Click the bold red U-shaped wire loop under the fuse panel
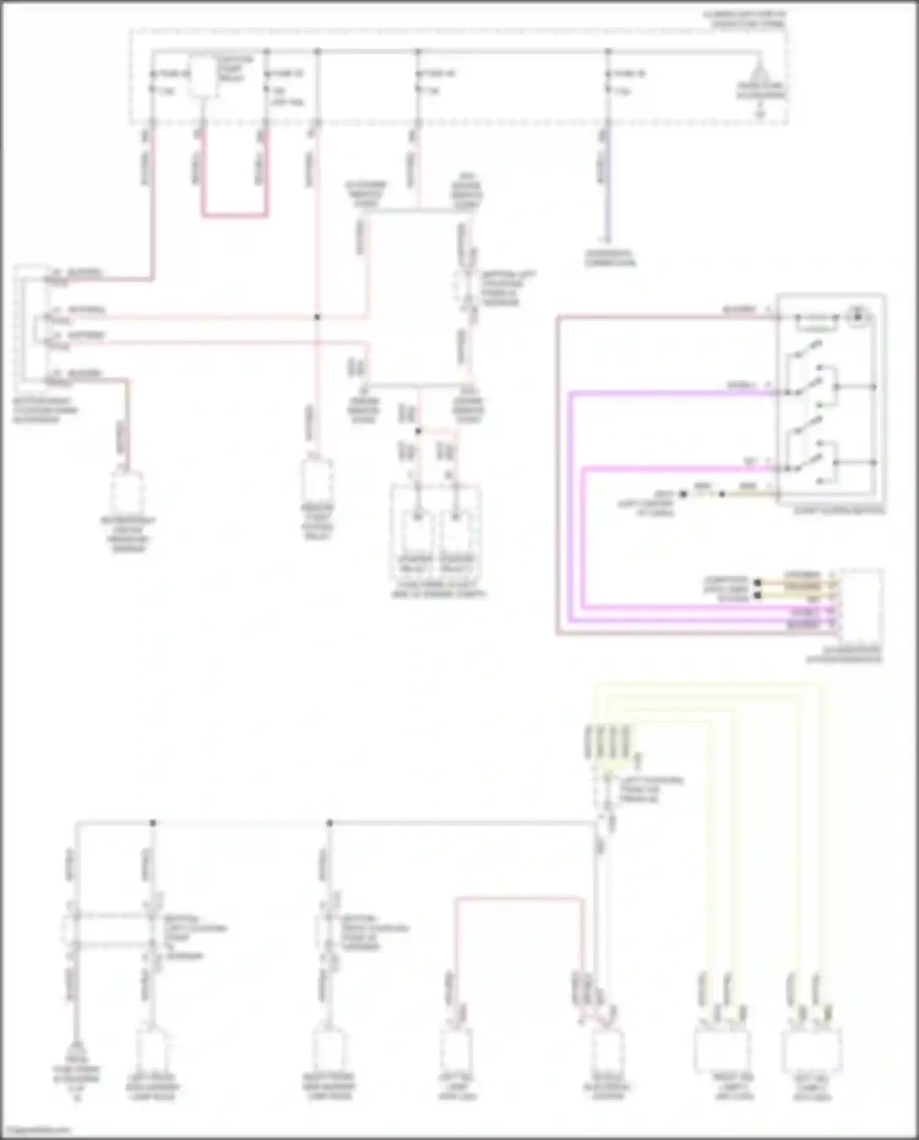pyautogui.click(x=234, y=215)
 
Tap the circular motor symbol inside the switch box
pyautogui.click(x=858, y=316)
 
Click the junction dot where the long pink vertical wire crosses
pyautogui.click(x=317, y=317)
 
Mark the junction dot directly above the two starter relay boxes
pyautogui.click(x=418, y=431)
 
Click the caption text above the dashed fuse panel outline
pyautogui.click(x=748, y=18)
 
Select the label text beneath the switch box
pyautogui.click(x=838, y=510)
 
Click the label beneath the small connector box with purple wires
pyautogui.click(x=844, y=654)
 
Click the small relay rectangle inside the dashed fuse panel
pyautogui.click(x=202, y=77)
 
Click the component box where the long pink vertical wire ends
pyautogui.click(x=317, y=481)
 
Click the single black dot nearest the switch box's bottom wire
pyautogui.click(x=721, y=494)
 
